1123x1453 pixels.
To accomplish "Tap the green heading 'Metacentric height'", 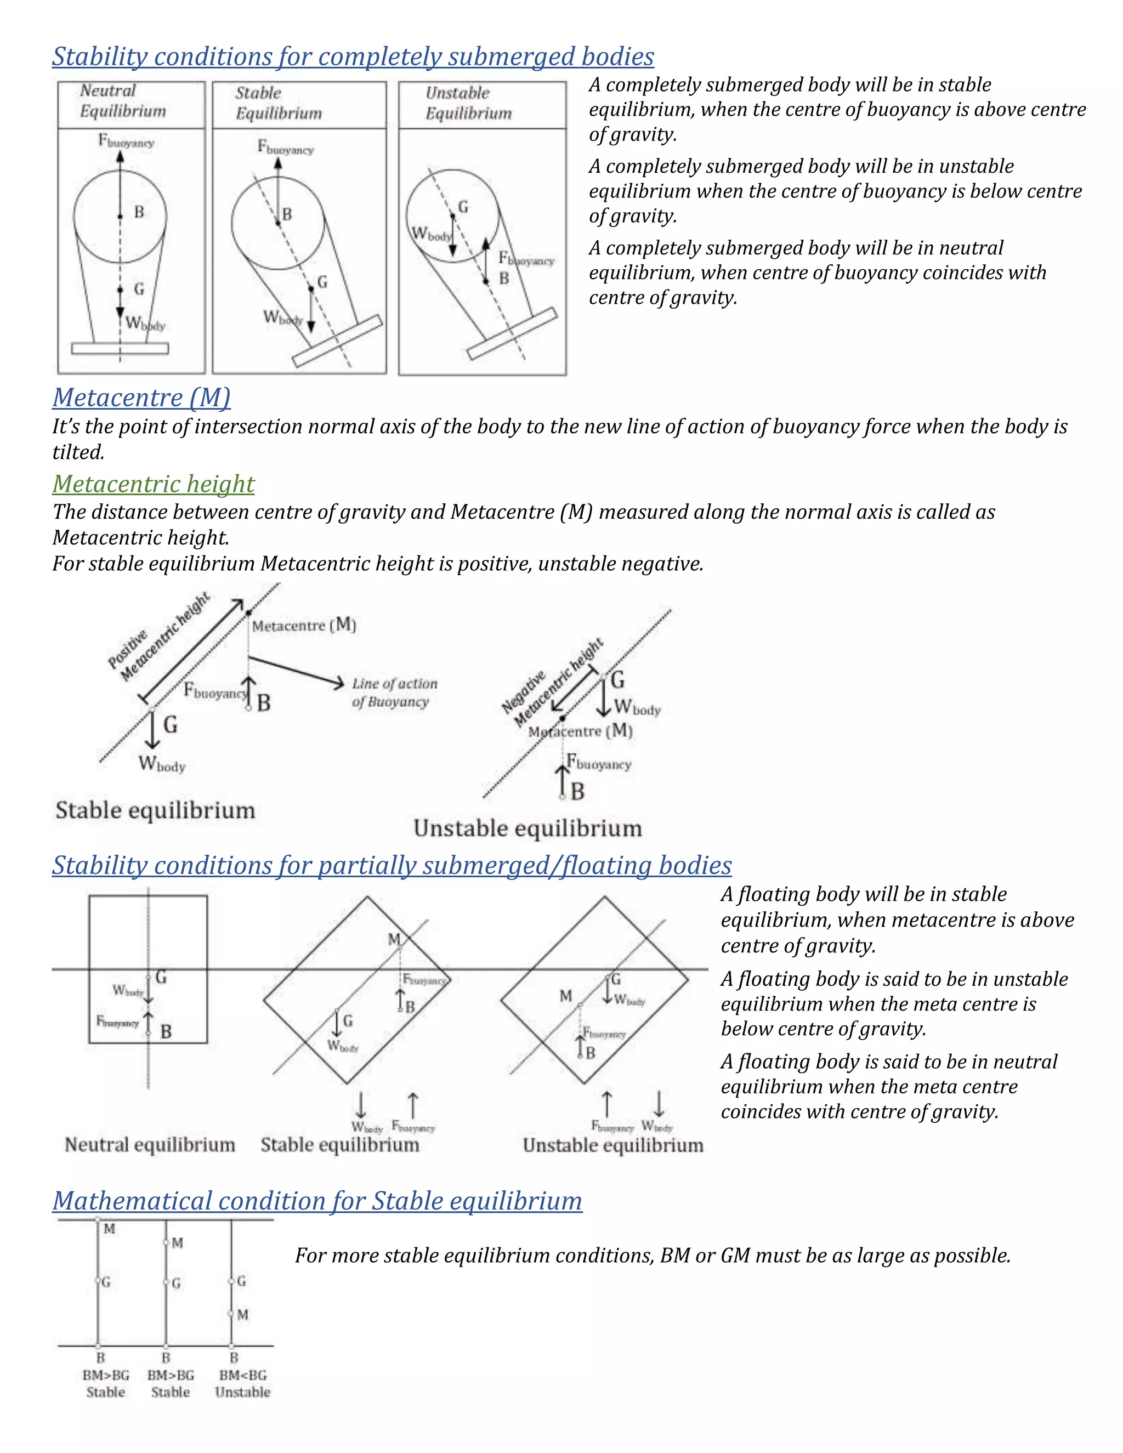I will (x=153, y=484).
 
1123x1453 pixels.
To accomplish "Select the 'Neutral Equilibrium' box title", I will (x=122, y=101).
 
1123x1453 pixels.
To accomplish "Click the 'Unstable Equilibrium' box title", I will (x=468, y=103).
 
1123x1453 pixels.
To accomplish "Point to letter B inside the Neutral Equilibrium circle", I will (x=139, y=212).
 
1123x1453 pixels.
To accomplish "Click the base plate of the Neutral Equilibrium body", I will (x=120, y=348).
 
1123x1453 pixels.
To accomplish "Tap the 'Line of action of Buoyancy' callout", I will (x=394, y=693).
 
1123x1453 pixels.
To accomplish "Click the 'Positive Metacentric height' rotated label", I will (x=158, y=637).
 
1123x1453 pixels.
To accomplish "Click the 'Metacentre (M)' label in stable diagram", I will (x=304, y=626).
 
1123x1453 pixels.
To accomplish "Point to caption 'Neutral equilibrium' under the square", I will (x=150, y=1145).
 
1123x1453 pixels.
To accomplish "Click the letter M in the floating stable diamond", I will (x=394, y=939).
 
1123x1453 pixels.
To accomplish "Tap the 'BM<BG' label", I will (x=242, y=1375).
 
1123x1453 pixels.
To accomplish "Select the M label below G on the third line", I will (x=243, y=1315).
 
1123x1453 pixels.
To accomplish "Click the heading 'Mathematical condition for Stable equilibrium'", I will (x=317, y=1201).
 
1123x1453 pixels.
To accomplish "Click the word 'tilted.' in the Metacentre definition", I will (x=78, y=452).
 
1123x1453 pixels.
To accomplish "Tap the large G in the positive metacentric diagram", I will (x=171, y=724).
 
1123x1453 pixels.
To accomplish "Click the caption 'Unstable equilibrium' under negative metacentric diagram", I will (x=528, y=829).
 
